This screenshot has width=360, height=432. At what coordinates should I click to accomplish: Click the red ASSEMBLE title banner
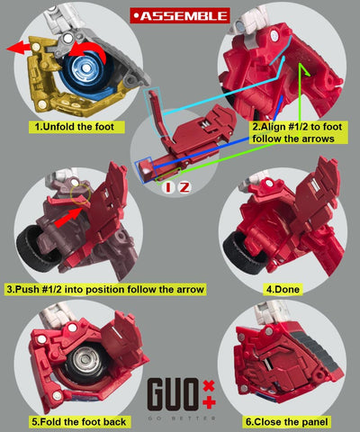[180, 15]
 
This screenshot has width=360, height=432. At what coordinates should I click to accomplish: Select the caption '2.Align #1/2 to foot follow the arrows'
[298, 132]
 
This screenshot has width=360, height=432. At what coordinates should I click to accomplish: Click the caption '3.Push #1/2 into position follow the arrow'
[105, 290]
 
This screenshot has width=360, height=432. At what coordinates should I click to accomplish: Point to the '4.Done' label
[283, 289]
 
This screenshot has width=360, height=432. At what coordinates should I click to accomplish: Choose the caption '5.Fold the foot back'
[79, 422]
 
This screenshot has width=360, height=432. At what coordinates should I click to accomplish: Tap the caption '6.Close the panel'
[287, 422]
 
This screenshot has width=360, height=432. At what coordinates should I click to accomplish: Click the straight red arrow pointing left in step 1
[19, 48]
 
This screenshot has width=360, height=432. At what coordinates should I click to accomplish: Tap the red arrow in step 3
[67, 218]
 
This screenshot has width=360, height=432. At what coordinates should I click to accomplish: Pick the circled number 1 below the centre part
[168, 187]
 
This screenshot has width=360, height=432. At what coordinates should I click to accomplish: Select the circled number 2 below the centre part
[184, 187]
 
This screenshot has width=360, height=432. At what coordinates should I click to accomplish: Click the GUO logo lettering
[173, 395]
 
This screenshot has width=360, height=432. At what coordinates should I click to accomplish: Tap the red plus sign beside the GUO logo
[209, 402]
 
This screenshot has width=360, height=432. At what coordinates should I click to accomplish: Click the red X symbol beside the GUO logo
[209, 385]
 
